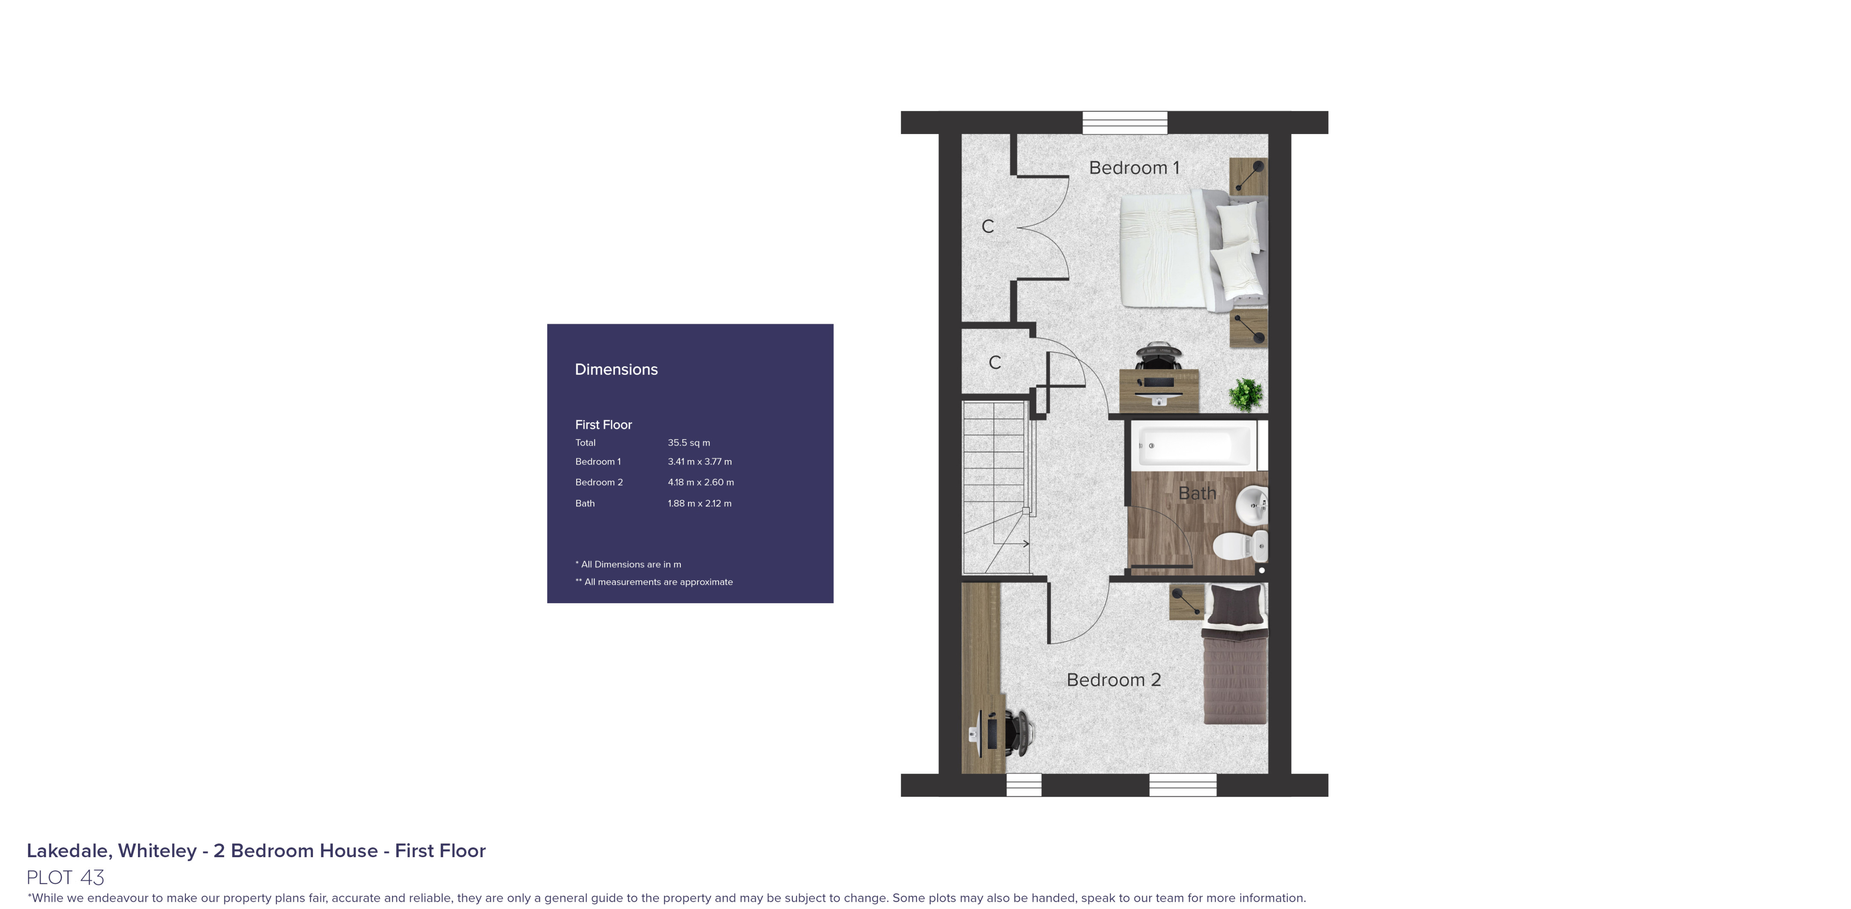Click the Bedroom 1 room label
click(1134, 168)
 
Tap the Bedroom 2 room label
click(1113, 680)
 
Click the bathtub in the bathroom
click(1194, 446)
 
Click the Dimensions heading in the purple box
click(616, 369)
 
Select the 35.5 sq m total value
click(689, 443)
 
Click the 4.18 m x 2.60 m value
click(701, 482)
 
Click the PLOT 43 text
click(66, 877)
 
